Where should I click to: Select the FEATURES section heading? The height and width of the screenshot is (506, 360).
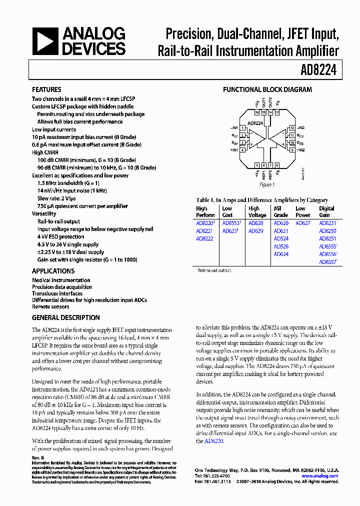coord(46,90)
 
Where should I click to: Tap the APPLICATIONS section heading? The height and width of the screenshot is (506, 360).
coord(53,271)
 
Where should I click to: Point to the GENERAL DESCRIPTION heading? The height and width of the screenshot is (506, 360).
coord(65,317)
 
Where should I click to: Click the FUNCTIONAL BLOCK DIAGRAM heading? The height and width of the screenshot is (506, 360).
coord(267,90)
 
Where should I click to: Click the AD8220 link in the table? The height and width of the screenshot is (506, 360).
coord(204,223)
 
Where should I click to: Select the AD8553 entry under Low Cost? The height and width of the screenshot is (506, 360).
coord(230,223)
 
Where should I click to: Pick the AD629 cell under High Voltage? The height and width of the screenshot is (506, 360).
coord(255,231)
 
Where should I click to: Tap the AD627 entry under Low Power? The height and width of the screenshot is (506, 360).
coord(302,223)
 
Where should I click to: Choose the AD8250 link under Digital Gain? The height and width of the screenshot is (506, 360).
coord(327,231)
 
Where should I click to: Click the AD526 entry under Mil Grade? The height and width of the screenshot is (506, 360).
coord(281,246)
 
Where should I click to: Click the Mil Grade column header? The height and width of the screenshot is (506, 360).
coord(280,212)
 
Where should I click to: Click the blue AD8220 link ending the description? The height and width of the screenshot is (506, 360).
coord(213,441)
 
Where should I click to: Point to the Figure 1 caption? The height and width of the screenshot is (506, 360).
coord(267,185)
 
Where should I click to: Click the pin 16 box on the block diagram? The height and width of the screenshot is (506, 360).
coord(257,113)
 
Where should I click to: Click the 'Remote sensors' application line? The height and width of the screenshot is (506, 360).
coord(50,306)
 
